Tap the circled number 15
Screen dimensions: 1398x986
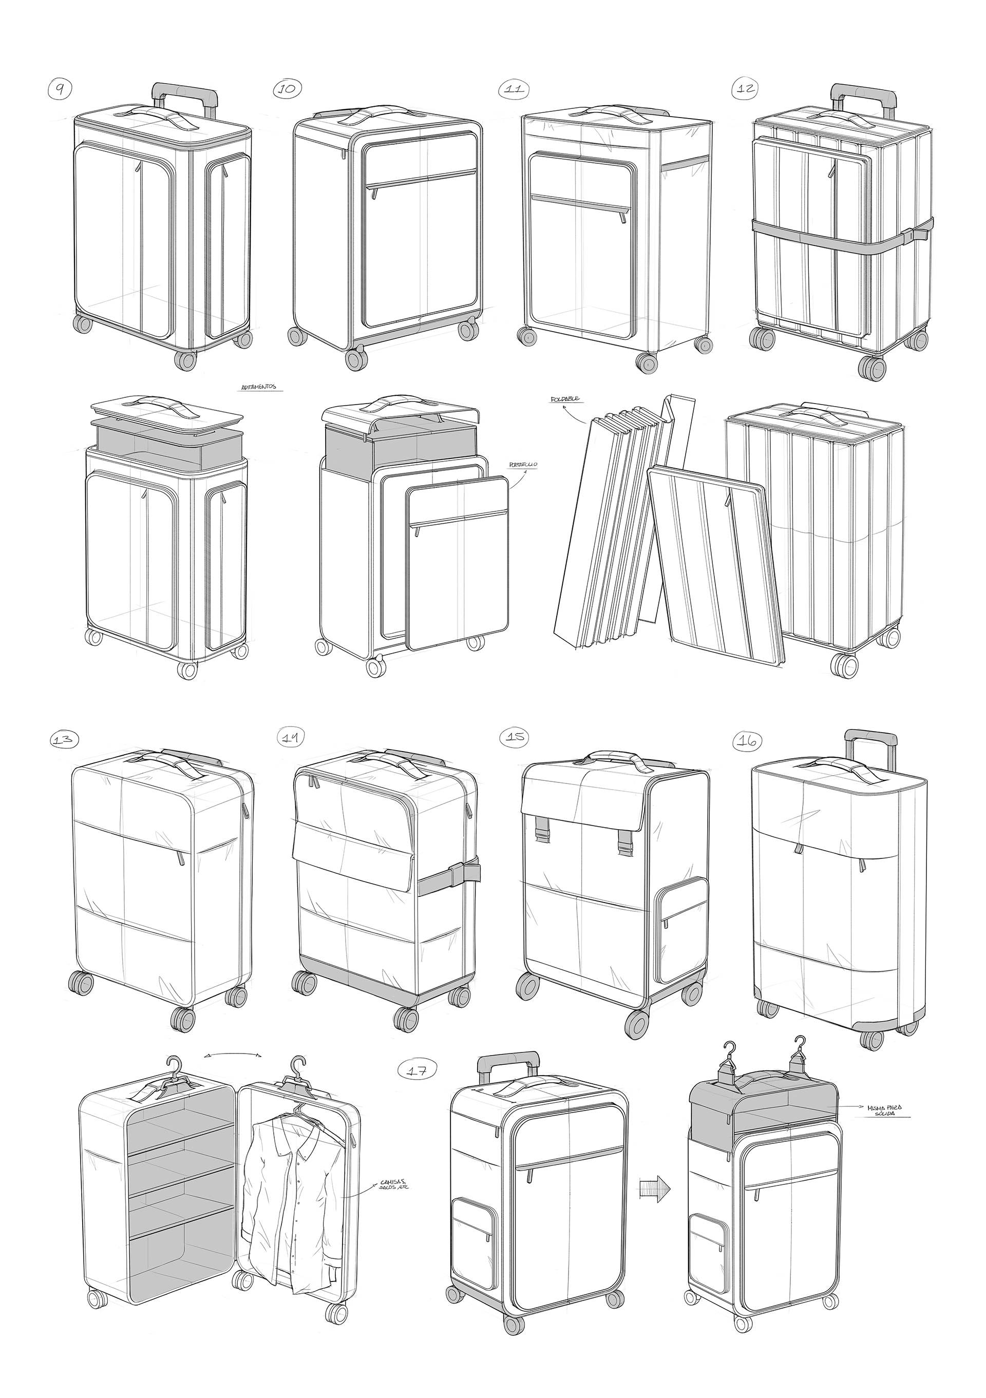(515, 737)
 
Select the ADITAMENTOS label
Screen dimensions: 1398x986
(258, 387)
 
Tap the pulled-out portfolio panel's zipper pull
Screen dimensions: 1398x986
(417, 531)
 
